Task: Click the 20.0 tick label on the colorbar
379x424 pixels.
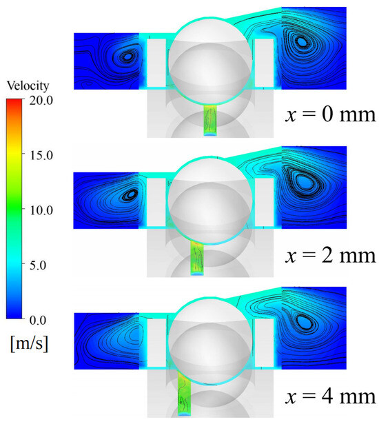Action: pyautogui.click(x=41, y=101)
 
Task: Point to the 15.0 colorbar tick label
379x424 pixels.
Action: pyautogui.click(x=41, y=156)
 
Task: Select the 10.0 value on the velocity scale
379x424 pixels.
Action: pyautogui.click(x=41, y=210)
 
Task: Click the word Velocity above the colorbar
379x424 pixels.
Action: pyautogui.click(x=28, y=86)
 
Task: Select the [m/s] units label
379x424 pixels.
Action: pyautogui.click(x=29, y=343)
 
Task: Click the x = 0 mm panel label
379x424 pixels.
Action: pyautogui.click(x=330, y=114)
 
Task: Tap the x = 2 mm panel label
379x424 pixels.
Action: pyautogui.click(x=330, y=256)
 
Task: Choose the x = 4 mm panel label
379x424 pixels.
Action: pyautogui.click(x=330, y=396)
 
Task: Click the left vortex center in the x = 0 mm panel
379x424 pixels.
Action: pyautogui.click(x=127, y=57)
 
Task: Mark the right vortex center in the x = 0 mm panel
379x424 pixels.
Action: pyautogui.click(x=302, y=41)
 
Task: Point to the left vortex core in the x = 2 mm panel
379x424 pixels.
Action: pyautogui.click(x=132, y=194)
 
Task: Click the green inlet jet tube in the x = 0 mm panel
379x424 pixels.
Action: pyautogui.click(x=210, y=121)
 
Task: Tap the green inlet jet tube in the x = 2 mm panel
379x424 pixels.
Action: pyautogui.click(x=197, y=259)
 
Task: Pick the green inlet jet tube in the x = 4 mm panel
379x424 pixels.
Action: pyautogui.click(x=185, y=394)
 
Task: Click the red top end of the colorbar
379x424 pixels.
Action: pyautogui.click(x=14, y=101)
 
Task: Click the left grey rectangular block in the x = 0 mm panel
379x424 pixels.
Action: pyautogui.click(x=156, y=63)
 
